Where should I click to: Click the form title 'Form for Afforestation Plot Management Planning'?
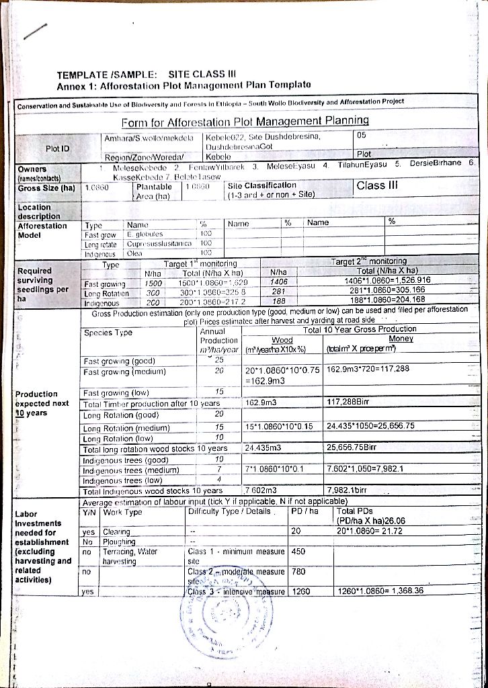(x=245, y=121)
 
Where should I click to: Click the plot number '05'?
(x=361, y=135)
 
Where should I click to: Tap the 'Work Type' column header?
(x=124, y=512)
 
